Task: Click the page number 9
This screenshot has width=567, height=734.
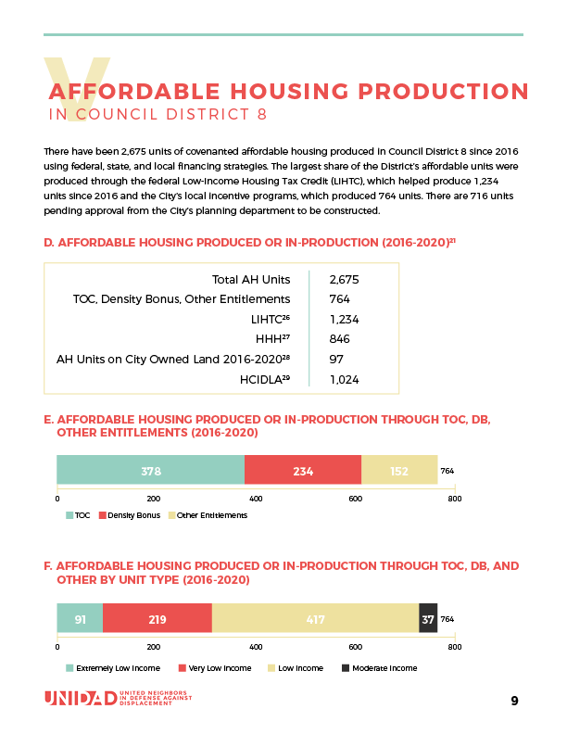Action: point(514,701)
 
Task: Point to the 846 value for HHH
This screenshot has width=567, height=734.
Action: point(340,339)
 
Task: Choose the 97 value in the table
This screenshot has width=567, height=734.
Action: point(336,359)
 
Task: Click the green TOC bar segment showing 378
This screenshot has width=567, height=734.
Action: point(151,471)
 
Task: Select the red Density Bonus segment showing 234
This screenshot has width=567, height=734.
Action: point(303,471)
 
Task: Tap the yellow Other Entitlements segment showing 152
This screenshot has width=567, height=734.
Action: point(399,471)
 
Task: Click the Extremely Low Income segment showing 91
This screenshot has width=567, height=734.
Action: point(80,618)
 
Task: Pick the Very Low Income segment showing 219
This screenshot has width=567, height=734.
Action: point(157,618)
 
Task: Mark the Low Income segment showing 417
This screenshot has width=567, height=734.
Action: point(315,618)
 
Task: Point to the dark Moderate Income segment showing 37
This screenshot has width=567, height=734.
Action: point(428,618)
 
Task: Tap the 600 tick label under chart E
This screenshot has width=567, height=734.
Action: point(355,499)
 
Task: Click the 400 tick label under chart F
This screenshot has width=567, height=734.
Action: point(257,647)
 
